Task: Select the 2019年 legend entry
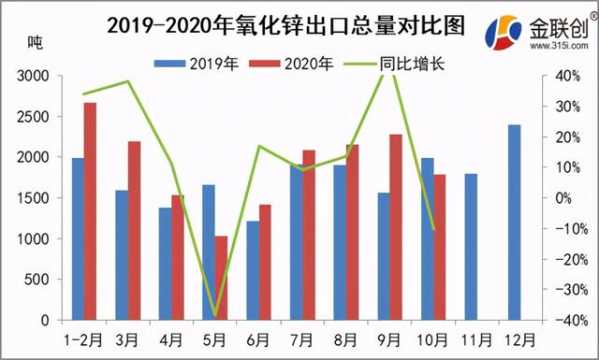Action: coord(196,63)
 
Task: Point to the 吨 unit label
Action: coord(36,43)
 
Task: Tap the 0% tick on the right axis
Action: coord(567,198)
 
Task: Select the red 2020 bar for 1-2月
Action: coord(90,211)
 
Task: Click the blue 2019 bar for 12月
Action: coord(514,222)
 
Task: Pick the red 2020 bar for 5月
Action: coord(220,278)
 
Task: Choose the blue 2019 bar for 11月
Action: coord(470,247)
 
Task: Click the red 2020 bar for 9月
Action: coord(396,227)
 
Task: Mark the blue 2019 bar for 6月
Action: coord(252,270)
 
